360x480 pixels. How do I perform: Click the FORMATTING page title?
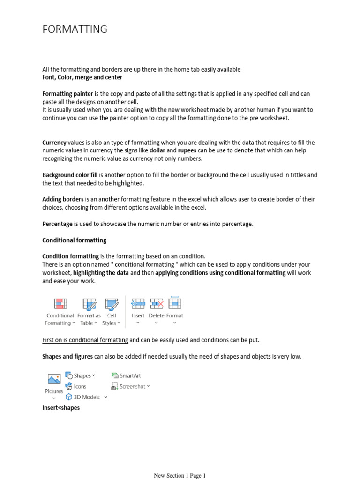coord(75,30)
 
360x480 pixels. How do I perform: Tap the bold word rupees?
coord(187,150)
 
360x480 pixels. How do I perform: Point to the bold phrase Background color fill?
coord(70,175)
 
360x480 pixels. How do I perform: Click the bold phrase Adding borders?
coord(63,199)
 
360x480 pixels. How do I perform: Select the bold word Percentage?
coord(58,224)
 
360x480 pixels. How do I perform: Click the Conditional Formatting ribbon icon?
coord(60,304)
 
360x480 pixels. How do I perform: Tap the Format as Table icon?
coord(89,304)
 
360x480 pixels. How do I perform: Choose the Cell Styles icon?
coord(112,304)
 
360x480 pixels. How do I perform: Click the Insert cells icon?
coord(138,304)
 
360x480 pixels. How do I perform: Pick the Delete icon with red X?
coord(156,304)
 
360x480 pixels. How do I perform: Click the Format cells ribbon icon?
coord(175,304)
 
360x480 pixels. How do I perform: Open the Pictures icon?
coord(54,380)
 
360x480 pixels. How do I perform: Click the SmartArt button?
coord(127,375)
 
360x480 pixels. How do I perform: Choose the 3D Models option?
coord(84,397)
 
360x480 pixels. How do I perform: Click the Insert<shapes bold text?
coord(61,408)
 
